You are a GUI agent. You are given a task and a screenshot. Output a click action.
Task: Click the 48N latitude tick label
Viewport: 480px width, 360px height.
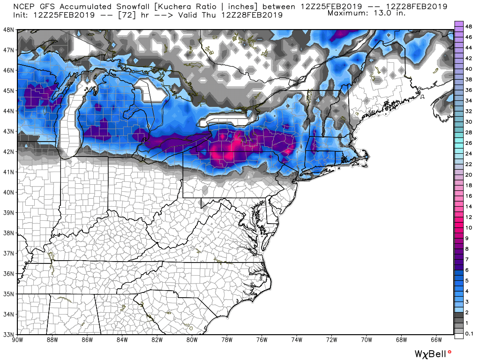9,30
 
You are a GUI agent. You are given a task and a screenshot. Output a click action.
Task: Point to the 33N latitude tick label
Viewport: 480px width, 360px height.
9,334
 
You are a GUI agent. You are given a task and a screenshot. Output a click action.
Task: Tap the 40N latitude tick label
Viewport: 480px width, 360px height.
9,192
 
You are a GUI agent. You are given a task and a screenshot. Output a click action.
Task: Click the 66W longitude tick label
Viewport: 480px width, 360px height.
436,339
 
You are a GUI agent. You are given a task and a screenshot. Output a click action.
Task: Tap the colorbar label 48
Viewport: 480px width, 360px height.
468,27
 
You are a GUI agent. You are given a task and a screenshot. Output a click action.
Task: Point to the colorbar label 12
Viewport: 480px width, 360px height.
468,217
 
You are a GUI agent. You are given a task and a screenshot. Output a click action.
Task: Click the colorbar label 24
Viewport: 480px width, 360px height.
468,154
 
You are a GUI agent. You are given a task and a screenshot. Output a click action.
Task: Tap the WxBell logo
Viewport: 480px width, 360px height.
433,352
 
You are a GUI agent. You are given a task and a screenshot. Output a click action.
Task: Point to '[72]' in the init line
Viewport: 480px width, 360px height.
123,15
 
